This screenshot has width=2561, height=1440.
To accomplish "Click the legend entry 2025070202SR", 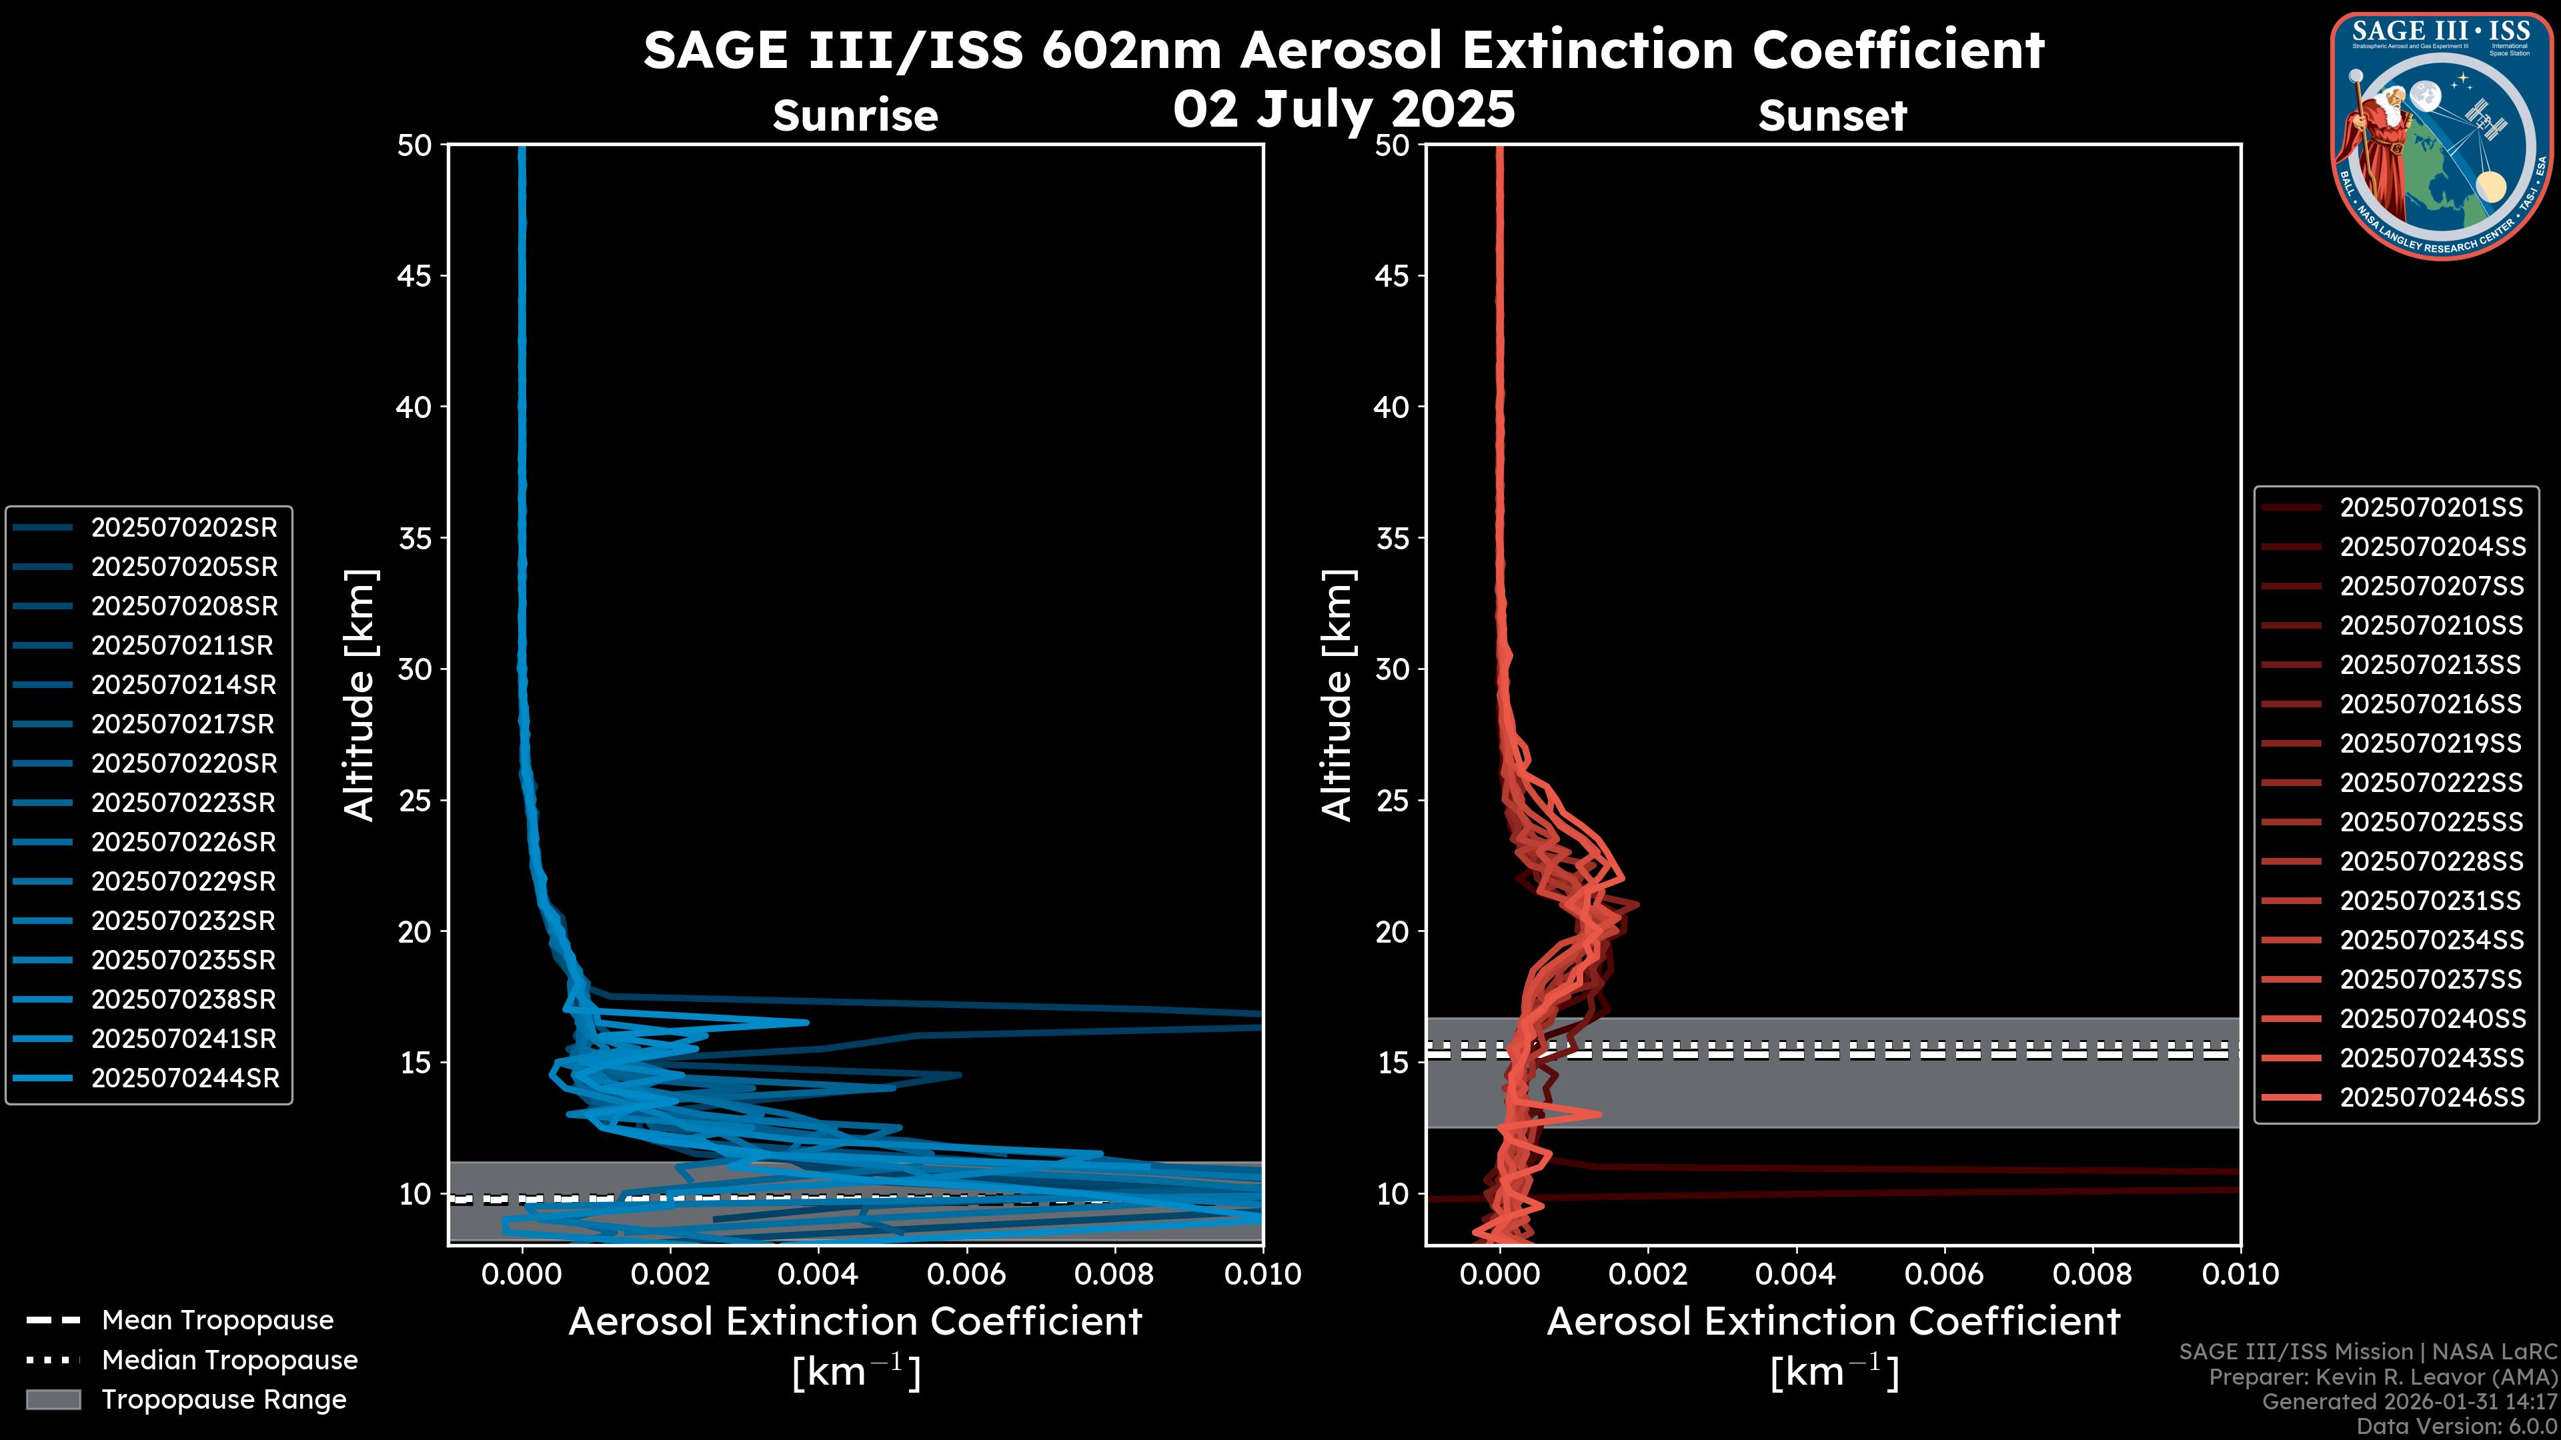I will (x=184, y=528).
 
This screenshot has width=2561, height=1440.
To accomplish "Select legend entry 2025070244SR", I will (x=185, y=1078).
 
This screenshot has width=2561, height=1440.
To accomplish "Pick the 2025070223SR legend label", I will (x=184, y=803).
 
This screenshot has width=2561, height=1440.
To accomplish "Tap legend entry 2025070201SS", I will (x=2431, y=508).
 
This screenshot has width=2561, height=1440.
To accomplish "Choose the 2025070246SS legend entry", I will (x=2432, y=1097).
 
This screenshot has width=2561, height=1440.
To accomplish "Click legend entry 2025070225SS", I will (x=2431, y=822).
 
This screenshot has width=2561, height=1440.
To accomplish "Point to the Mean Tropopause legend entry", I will (x=217, y=1320).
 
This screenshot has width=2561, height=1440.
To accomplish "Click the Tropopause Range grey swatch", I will (x=53, y=1399).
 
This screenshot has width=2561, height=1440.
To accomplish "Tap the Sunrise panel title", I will (x=855, y=116).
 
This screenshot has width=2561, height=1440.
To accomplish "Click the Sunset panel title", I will (x=1832, y=116).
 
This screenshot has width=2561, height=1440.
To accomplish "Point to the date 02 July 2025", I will (x=1344, y=109).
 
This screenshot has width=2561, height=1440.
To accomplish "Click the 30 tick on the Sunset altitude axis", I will (x=1392, y=669).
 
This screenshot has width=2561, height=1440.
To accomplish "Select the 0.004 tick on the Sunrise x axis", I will (x=817, y=1274).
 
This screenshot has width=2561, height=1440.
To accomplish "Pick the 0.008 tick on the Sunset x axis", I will (x=2093, y=1274).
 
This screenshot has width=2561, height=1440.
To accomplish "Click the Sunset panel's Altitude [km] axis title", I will (x=1337, y=695).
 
